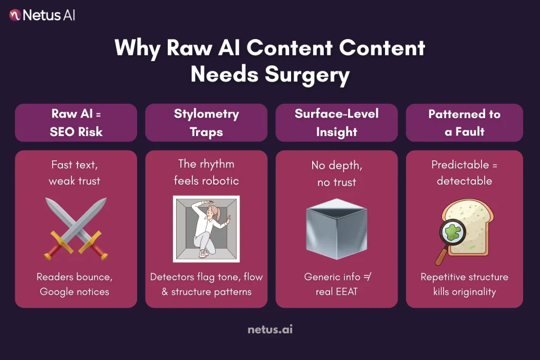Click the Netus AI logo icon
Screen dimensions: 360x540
click(x=15, y=15)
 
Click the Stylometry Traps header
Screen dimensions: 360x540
click(x=206, y=122)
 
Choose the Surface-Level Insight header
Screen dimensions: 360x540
click(x=336, y=122)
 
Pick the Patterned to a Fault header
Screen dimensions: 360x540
click(x=464, y=122)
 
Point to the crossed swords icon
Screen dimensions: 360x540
click(x=76, y=228)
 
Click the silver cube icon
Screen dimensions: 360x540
click(x=336, y=228)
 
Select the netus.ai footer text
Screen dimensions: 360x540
click(x=270, y=330)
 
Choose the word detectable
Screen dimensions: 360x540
click(x=464, y=181)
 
